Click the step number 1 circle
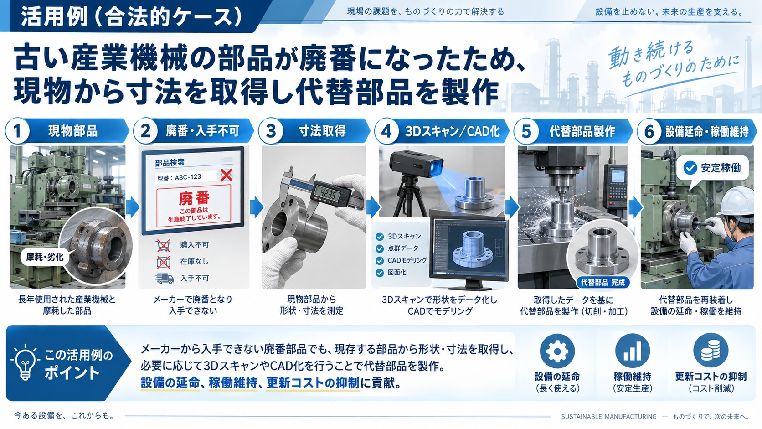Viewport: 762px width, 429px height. point(17,131)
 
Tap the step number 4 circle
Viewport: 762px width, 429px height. point(386,131)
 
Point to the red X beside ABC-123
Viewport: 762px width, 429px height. point(226,175)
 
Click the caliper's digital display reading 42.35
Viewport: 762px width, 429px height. point(325,194)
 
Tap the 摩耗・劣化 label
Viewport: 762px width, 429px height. point(45,257)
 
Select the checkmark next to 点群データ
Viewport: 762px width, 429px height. point(380,248)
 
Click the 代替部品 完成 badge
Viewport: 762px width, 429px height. point(603,282)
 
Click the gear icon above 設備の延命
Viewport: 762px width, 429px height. point(557,351)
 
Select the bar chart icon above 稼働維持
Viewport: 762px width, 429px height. point(633,351)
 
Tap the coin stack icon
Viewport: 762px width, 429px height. point(711,351)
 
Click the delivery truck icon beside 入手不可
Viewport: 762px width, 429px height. point(165,278)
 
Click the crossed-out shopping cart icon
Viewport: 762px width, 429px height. point(163,245)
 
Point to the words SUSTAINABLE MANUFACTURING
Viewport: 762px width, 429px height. point(609,416)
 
